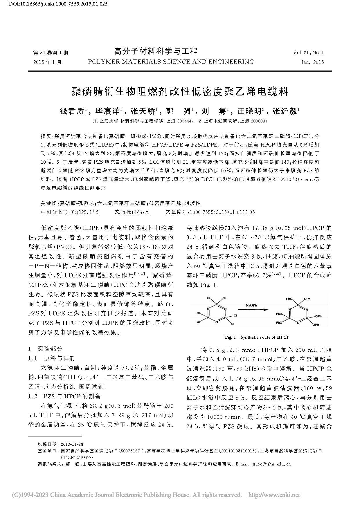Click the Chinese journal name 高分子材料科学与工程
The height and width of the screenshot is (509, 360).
[x=156, y=51]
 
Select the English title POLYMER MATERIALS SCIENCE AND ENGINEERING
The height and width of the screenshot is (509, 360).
[x=171, y=62]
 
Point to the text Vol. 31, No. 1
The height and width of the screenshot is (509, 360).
[x=308, y=53]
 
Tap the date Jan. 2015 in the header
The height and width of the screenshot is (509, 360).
[x=312, y=62]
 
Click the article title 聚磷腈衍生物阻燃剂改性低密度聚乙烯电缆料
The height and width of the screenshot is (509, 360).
[x=180, y=92]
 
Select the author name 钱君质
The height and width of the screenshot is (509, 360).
[x=72, y=111]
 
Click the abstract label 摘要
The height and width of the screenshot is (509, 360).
[x=46, y=136]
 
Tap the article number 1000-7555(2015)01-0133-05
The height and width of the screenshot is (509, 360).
[x=222, y=212]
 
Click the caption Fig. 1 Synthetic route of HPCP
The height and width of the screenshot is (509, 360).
[x=257, y=337]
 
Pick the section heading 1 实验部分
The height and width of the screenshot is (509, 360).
[x=45, y=349]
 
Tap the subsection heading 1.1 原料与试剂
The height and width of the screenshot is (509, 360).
[x=51, y=358]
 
